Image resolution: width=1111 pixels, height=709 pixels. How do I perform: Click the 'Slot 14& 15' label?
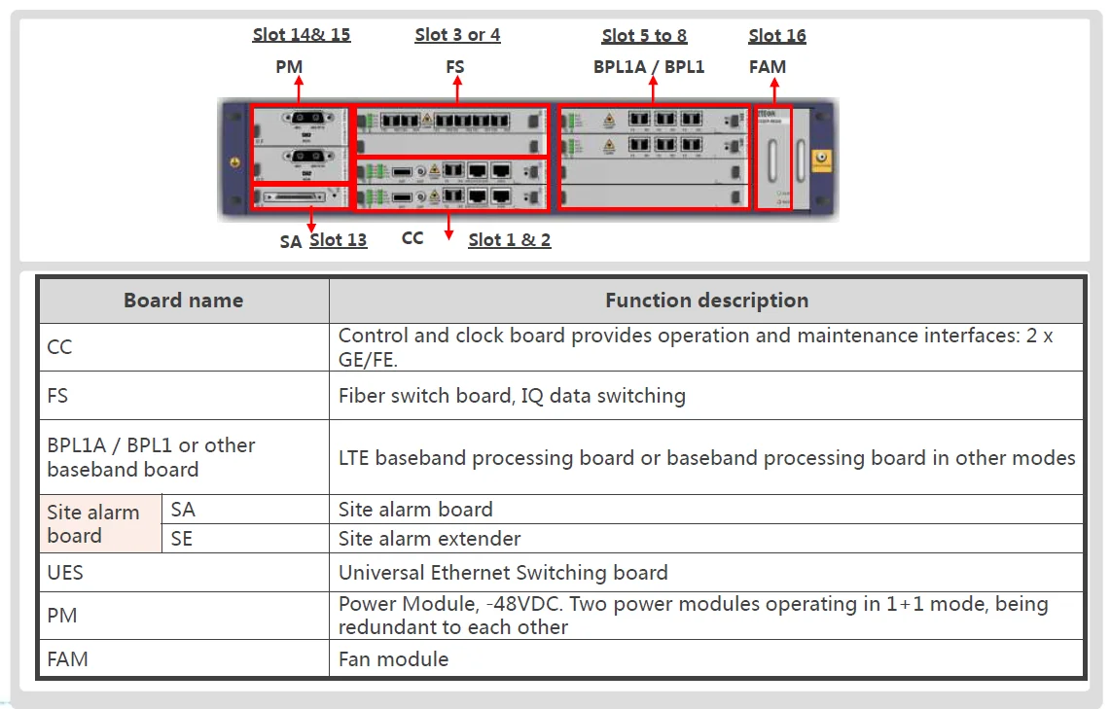[x=302, y=35]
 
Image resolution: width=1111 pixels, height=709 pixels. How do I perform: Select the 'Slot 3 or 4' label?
[x=457, y=35]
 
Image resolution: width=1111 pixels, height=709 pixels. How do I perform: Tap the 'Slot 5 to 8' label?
[x=644, y=36]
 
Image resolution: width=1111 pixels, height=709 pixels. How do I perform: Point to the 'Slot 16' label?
[x=777, y=36]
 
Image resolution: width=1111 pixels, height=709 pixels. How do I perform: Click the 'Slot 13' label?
[x=338, y=240]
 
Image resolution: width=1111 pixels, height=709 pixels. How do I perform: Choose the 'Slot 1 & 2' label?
[x=509, y=240]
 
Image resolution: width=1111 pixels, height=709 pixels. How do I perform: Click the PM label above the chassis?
[x=289, y=67]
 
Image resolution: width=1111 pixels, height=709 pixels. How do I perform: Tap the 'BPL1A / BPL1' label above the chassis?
[x=649, y=67]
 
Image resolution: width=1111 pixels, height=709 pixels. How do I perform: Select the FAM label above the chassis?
[x=768, y=67]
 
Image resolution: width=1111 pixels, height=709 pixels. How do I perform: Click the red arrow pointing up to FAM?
[x=774, y=90]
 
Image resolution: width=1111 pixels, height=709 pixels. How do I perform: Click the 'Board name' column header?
[x=183, y=301]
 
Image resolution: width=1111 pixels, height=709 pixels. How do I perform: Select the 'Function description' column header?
[x=706, y=301]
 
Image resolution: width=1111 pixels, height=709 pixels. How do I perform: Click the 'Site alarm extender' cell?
[x=429, y=538]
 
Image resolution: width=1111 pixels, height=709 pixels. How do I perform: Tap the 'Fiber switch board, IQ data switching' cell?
[x=512, y=396]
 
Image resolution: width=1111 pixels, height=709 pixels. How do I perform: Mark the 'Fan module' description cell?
[x=393, y=659]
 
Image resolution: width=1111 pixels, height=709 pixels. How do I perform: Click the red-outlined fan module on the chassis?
[x=773, y=158]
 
